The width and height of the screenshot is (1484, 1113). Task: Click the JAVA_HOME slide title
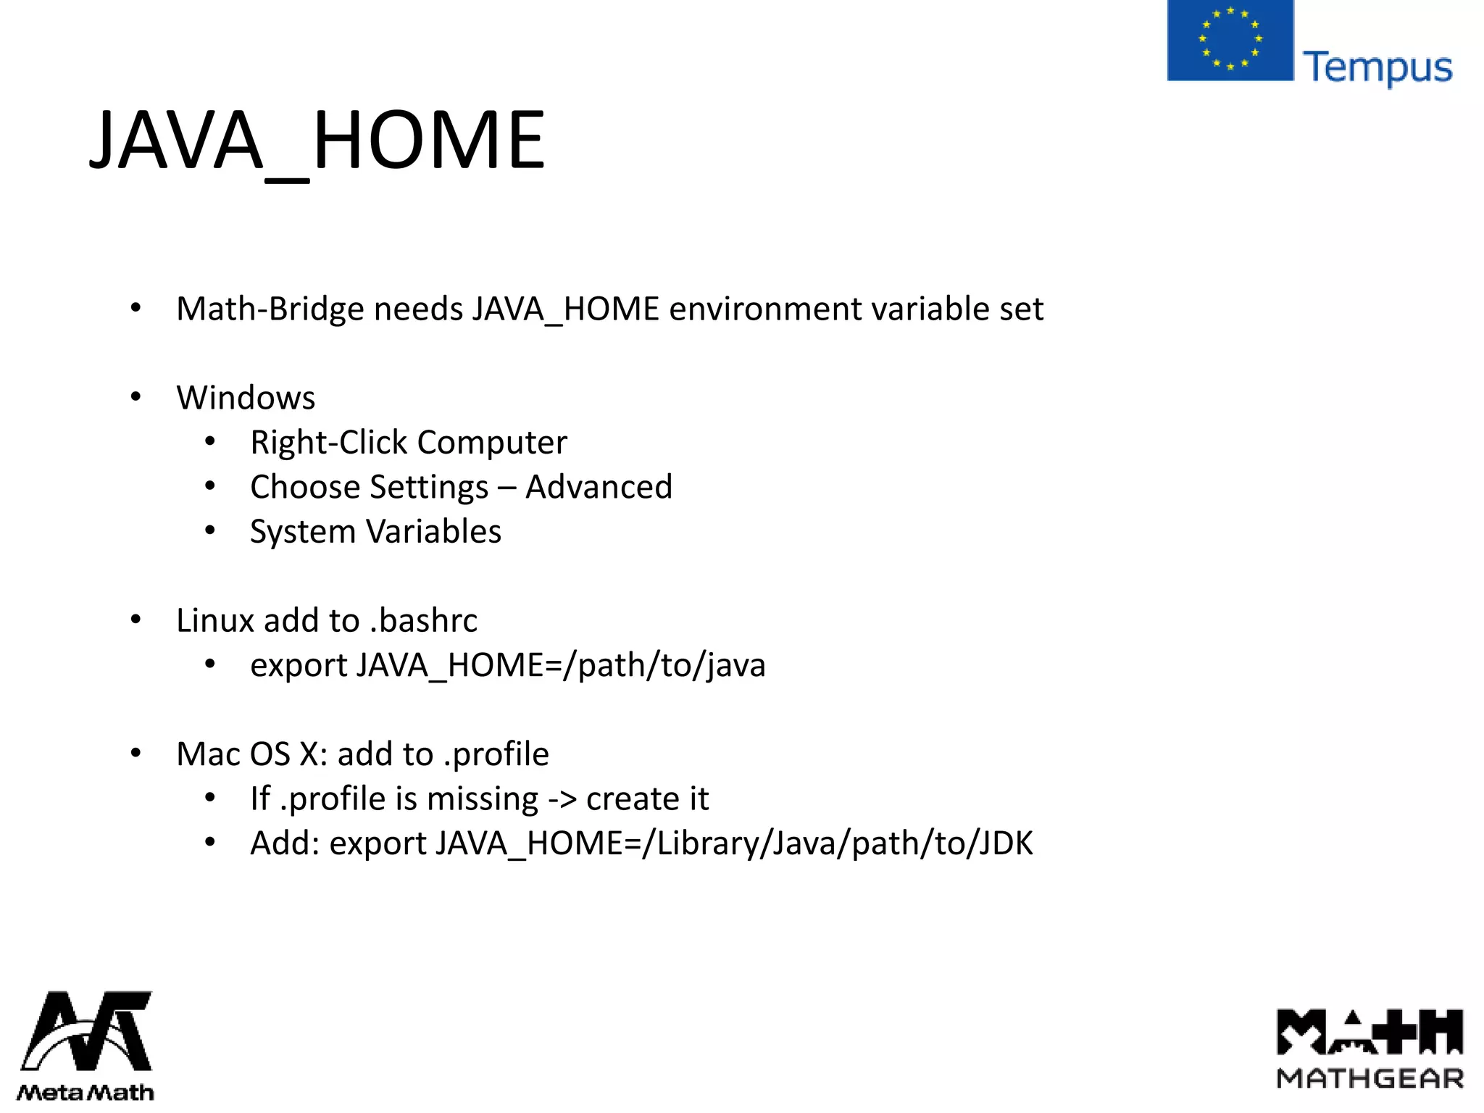pyautogui.click(x=317, y=141)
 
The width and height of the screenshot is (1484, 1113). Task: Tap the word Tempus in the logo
pyautogui.click(x=1377, y=67)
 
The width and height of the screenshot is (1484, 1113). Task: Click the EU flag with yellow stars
pyautogui.click(x=1230, y=40)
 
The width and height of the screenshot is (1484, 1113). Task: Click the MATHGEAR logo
pyautogui.click(x=1370, y=1048)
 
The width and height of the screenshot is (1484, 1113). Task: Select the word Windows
pyautogui.click(x=246, y=398)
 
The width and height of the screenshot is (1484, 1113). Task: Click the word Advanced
pyautogui.click(x=599, y=487)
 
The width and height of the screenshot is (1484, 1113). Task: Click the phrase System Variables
pyautogui.click(x=375, y=532)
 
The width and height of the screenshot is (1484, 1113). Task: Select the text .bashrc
pyautogui.click(x=424, y=621)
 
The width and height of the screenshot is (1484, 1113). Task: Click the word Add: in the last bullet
pyautogui.click(x=285, y=843)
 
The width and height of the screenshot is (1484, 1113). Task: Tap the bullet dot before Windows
pyautogui.click(x=136, y=397)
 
